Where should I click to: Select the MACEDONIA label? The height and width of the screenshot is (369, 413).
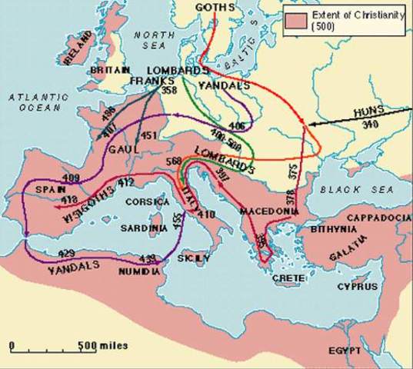(264, 210)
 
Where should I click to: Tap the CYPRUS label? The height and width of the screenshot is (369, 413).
(358, 287)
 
